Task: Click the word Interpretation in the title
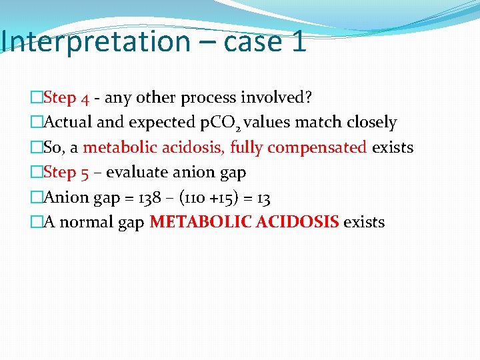(95, 41)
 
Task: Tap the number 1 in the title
(298, 41)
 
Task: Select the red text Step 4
(66, 98)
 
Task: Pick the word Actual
(67, 123)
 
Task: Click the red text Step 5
(66, 173)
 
